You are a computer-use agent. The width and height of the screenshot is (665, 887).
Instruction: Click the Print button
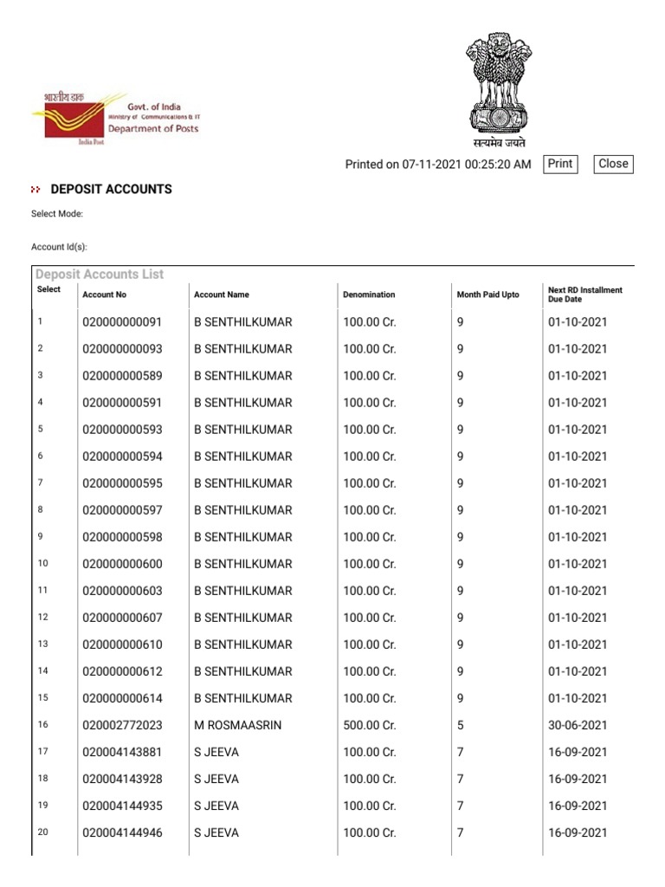(560, 164)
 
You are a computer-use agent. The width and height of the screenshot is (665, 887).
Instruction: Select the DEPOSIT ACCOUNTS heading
(111, 189)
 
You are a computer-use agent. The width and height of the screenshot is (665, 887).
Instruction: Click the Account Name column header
(222, 295)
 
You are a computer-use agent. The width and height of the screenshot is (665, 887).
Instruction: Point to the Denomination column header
(369, 295)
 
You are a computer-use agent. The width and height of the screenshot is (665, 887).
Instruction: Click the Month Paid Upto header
(487, 295)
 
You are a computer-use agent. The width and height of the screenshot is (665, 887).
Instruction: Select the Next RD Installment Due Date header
(584, 295)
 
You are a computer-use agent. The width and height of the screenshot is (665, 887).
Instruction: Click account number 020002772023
(122, 725)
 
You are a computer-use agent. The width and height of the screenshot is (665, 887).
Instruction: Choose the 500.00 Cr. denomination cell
(369, 725)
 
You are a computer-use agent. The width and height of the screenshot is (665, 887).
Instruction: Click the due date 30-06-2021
(578, 725)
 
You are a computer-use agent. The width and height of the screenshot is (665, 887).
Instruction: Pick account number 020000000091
(122, 322)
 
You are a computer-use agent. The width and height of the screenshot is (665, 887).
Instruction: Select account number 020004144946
(122, 833)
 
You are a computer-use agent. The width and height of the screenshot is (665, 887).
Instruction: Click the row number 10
(43, 563)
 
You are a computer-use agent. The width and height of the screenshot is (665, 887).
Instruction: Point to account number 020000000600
(122, 564)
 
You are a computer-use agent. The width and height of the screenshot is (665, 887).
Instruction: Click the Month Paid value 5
(461, 725)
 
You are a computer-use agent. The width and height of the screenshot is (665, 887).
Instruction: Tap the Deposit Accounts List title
(100, 275)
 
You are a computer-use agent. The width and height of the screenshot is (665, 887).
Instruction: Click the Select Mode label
(57, 214)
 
